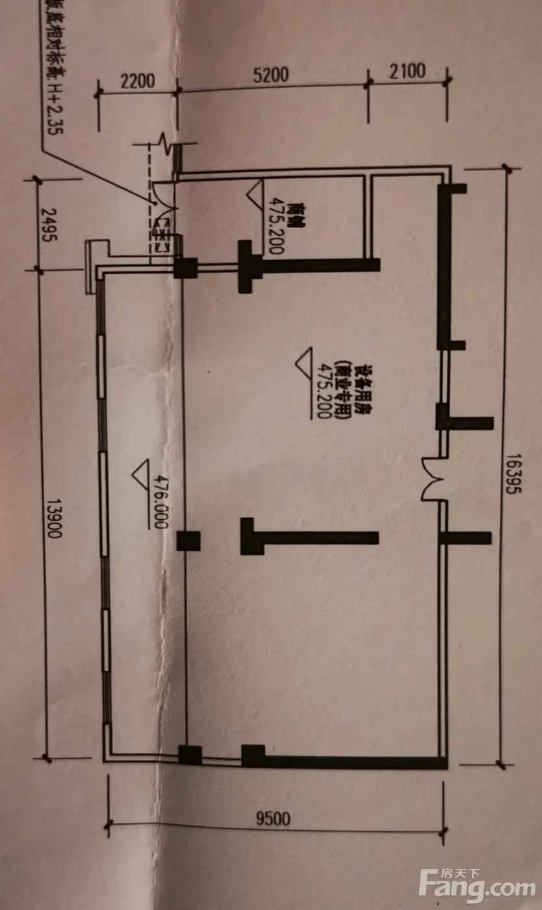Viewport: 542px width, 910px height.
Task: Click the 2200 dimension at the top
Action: click(137, 81)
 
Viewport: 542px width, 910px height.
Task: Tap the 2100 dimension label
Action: click(408, 70)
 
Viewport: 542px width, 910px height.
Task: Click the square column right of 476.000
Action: click(188, 541)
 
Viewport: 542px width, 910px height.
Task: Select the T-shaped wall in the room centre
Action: click(305, 537)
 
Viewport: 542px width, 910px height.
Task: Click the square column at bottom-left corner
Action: click(190, 755)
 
